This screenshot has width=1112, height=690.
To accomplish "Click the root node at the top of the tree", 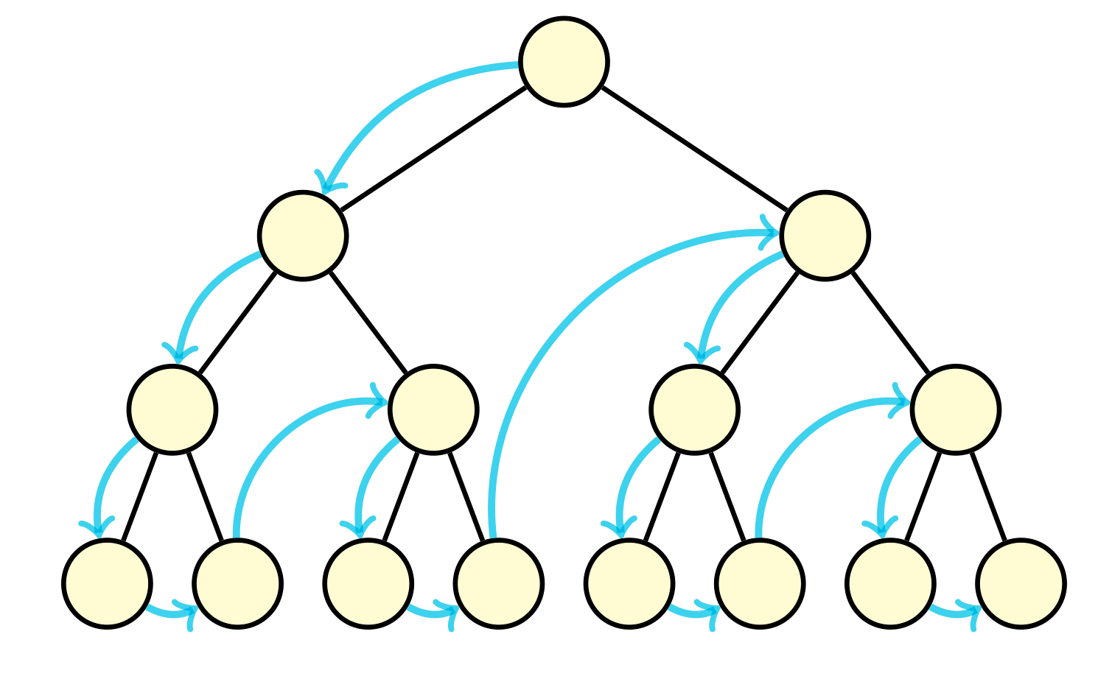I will tap(564, 62).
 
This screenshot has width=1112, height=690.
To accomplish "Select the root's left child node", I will tap(303, 236).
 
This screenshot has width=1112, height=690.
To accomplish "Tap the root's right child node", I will tap(825, 236).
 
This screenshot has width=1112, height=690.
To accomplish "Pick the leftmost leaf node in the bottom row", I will tap(108, 583).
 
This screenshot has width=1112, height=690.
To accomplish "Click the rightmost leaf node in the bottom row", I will tap(1021, 583).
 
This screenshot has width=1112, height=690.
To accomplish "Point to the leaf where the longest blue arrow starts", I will tap(499, 583).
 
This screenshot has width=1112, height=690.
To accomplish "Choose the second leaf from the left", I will tap(237, 583).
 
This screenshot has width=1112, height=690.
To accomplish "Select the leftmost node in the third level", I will tap(172, 409).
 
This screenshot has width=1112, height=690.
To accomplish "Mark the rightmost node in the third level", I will tap(956, 409).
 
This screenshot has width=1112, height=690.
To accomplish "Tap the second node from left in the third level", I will tap(433, 409).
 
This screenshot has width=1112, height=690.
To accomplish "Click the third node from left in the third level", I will tap(694, 409).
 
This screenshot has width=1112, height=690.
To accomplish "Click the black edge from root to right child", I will tap(695, 149).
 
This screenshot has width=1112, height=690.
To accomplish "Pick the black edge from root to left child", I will tap(433, 149).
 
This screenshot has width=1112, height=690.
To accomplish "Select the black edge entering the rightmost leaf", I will tap(988, 496).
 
